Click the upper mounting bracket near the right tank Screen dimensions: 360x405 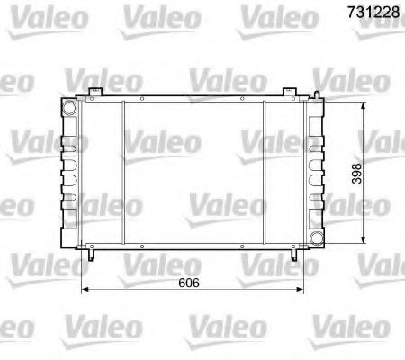(x=289, y=91)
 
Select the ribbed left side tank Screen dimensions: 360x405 (x=67, y=171)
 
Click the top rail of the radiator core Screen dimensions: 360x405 (x=193, y=98)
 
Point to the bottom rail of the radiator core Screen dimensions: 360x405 (x=193, y=244)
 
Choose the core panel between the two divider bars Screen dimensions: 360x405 (x=193, y=171)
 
